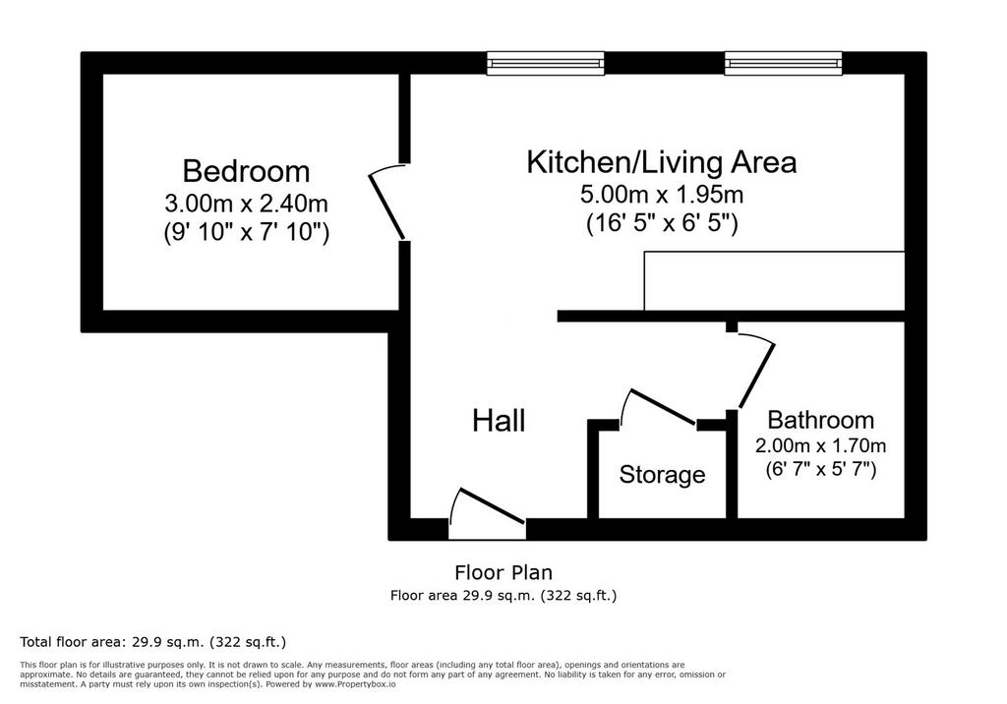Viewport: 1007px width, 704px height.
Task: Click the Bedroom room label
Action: pyautogui.click(x=246, y=171)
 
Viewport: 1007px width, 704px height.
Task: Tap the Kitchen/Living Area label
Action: pyautogui.click(x=662, y=162)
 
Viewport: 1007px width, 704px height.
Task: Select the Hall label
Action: pyautogui.click(x=499, y=421)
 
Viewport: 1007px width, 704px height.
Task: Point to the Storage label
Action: pyautogui.click(x=662, y=475)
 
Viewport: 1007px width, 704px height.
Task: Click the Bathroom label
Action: pyautogui.click(x=821, y=420)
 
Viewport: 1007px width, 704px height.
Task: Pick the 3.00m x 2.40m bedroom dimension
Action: pyautogui.click(x=246, y=204)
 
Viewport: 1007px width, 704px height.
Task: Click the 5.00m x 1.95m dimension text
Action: pyautogui.click(x=662, y=194)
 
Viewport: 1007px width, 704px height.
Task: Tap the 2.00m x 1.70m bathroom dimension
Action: pyautogui.click(x=821, y=445)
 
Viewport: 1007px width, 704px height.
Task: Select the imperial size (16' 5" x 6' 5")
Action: pyautogui.click(x=662, y=223)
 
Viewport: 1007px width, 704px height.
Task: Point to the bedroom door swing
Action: pyautogui.click(x=385, y=201)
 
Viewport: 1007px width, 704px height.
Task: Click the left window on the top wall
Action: pyautogui.click(x=545, y=63)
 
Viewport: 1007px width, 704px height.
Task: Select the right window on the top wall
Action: pyautogui.click(x=784, y=63)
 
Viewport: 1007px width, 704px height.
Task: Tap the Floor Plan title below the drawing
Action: pyautogui.click(x=503, y=572)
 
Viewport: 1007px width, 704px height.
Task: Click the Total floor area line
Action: pyautogui.click(x=152, y=642)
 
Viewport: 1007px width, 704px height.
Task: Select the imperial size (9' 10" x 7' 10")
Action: pyautogui.click(x=246, y=232)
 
